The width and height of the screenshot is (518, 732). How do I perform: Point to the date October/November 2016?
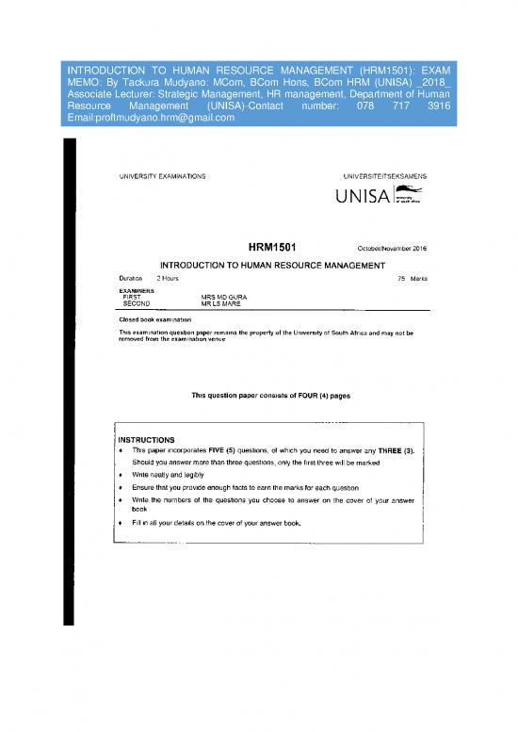coord(394,249)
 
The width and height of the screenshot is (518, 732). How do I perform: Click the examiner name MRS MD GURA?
coord(224,298)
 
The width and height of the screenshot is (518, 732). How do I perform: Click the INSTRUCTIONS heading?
coord(147,440)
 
